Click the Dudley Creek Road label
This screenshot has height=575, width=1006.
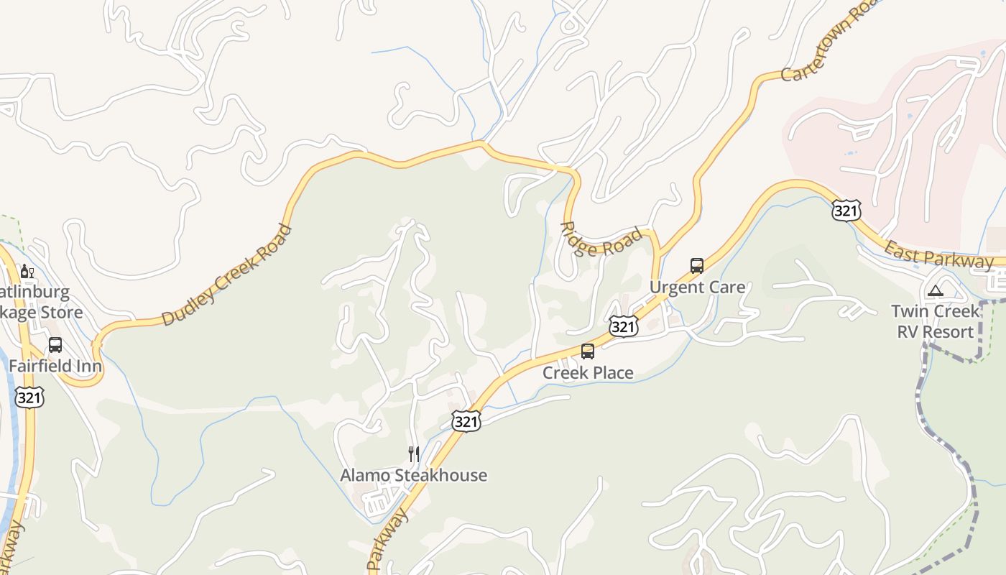(x=227, y=275)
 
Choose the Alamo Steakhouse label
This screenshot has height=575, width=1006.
(x=413, y=475)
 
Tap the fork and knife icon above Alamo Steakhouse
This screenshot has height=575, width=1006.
(x=413, y=454)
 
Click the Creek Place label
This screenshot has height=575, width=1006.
(x=588, y=372)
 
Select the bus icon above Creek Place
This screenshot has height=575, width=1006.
(x=588, y=351)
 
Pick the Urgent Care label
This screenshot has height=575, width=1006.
(x=697, y=287)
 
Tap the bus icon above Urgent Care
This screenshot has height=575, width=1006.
(x=697, y=266)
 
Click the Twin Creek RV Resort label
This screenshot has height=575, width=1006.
(x=935, y=321)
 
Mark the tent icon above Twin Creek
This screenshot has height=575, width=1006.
(x=935, y=291)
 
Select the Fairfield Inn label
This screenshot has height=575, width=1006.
(x=55, y=366)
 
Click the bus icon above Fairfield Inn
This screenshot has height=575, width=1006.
(x=55, y=345)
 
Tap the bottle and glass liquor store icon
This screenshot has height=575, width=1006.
(x=27, y=272)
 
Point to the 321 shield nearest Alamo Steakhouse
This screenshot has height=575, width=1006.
(x=466, y=422)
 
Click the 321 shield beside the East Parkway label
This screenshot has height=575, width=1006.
(x=846, y=211)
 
